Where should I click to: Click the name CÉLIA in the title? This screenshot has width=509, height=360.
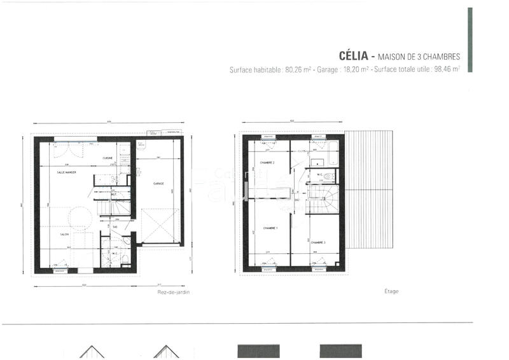click(x=348, y=56)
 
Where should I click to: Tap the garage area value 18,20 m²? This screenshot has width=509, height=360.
click(x=355, y=69)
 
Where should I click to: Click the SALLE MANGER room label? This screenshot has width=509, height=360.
click(x=66, y=172)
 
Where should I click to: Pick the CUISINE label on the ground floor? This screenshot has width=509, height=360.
click(x=108, y=158)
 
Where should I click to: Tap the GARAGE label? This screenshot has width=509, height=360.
click(x=158, y=184)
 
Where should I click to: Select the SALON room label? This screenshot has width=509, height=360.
click(x=64, y=234)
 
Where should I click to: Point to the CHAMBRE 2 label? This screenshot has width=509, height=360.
click(x=267, y=163)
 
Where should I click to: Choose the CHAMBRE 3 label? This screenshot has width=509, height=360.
click(x=318, y=242)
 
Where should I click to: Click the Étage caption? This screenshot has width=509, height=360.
click(x=391, y=291)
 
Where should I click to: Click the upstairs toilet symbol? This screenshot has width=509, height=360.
click(x=329, y=176)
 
